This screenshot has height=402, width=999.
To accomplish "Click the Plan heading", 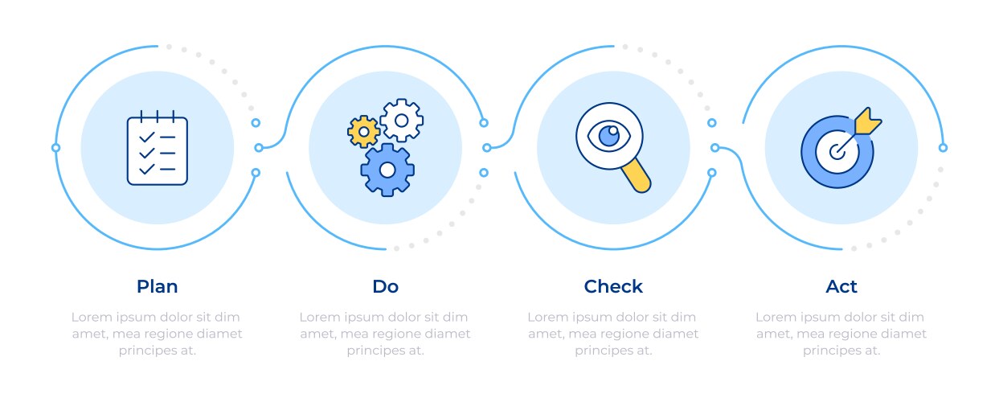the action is pyautogui.click(x=157, y=286).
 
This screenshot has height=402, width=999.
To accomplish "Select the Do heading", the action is pyautogui.click(x=385, y=286).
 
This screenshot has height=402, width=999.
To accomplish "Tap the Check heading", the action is pyautogui.click(x=613, y=286).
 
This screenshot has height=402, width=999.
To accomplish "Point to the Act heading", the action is pyautogui.click(x=841, y=286).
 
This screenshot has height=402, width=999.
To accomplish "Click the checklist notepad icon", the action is pyautogui.click(x=158, y=148).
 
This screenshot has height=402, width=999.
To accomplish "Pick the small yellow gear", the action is pyautogui.click(x=363, y=132).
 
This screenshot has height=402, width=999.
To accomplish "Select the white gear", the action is pyautogui.click(x=401, y=121).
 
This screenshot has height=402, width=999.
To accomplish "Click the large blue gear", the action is pyautogui.click(x=387, y=170).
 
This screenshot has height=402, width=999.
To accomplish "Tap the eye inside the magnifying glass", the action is pyautogui.click(x=609, y=135).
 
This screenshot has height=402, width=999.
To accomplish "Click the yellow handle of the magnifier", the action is pyautogui.click(x=637, y=176).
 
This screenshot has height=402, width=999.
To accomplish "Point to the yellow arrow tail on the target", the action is pyautogui.click(x=866, y=121).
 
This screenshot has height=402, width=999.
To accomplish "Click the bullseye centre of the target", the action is pyautogui.click(x=837, y=152).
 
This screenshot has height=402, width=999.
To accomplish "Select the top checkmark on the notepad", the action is pyautogui.click(x=147, y=137).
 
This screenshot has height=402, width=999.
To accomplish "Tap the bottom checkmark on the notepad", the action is pyautogui.click(x=147, y=169).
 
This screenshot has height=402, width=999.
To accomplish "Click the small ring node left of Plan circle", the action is pyautogui.click(x=55, y=148).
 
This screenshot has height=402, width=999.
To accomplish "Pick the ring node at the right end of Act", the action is pyautogui.click(x=943, y=148).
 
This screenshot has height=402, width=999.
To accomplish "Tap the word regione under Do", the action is pyautogui.click(x=392, y=334).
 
